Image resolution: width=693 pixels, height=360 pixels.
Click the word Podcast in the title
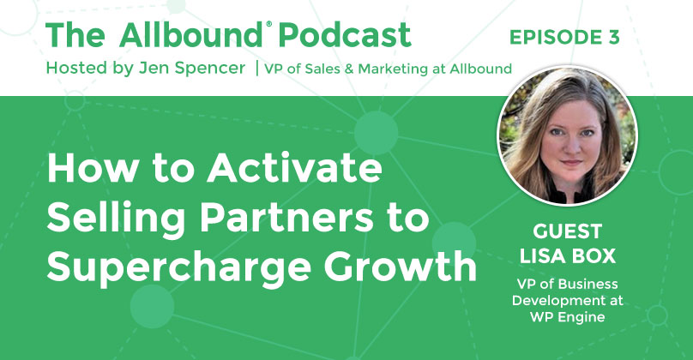[x=345, y=34]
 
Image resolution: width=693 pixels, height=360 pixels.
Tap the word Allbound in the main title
[x=190, y=34]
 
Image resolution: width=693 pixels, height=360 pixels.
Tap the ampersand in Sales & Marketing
[x=349, y=69]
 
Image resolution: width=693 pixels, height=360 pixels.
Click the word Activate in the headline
[x=294, y=169]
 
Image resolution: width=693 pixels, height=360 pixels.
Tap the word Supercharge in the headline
[x=179, y=268]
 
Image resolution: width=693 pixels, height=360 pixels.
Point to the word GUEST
[x=568, y=231]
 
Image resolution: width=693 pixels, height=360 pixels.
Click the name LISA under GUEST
[x=542, y=256]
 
